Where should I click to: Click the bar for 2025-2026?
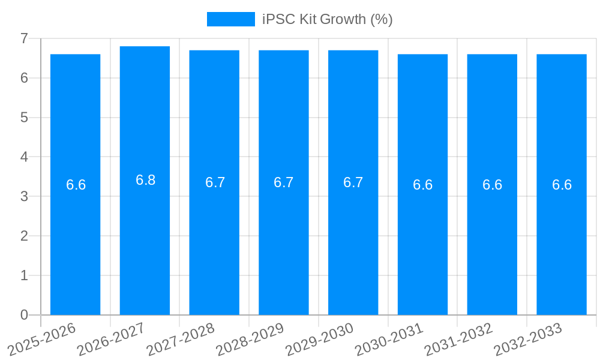pos(75,240)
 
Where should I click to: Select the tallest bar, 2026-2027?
pos(145,240)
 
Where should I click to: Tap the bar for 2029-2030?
pos(353,240)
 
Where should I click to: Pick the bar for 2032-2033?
pos(562,240)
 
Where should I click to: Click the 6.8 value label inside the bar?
pos(145,180)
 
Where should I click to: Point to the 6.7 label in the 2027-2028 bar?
pos(215,182)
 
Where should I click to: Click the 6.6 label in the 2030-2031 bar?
pos(422,185)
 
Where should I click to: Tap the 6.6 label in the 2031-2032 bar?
pos(492,185)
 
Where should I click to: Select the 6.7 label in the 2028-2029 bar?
pos(283,182)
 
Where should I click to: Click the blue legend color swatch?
pos(230,19)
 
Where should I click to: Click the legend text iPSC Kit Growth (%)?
pos(328,19)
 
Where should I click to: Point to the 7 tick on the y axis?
pos(24,38)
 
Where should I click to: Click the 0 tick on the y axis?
pos(24,315)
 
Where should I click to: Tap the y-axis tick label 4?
pos(24,157)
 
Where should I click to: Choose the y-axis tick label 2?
pos(24,236)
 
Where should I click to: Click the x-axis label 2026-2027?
pos(111,339)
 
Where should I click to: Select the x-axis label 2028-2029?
pos(250,339)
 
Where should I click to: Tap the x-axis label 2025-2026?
pos(41,339)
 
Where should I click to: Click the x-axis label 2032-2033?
pos(527,339)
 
